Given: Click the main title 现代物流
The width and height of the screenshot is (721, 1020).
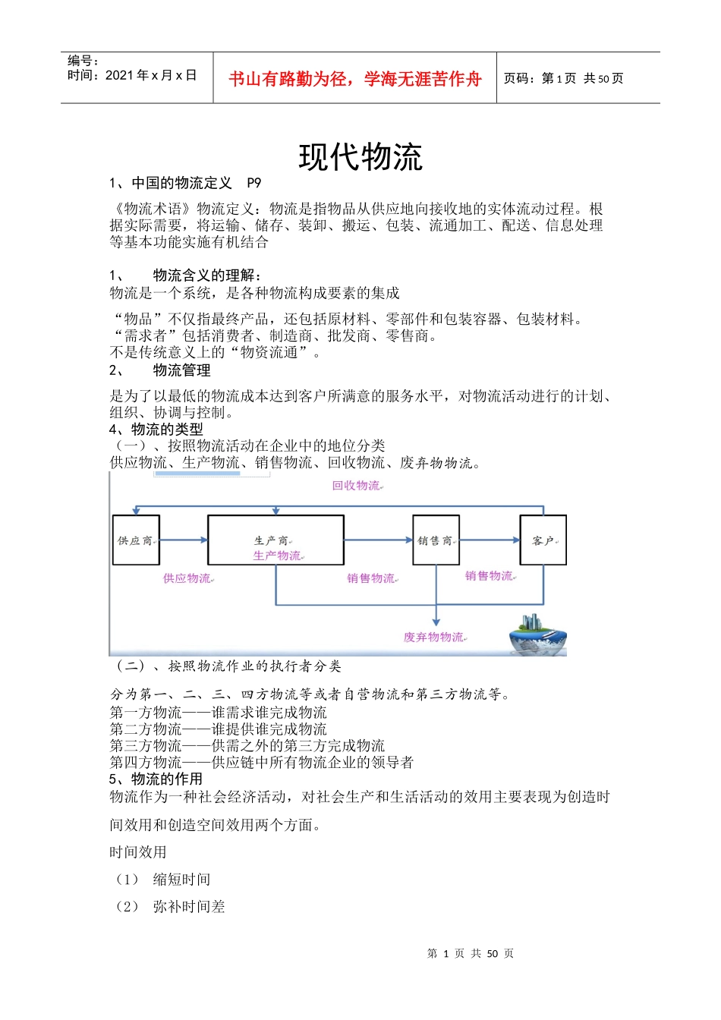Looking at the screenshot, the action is pos(360,157).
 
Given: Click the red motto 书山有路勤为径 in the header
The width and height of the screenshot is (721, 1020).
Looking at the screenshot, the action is pos(354,79).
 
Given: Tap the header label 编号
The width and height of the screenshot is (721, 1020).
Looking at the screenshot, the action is pos(83,61).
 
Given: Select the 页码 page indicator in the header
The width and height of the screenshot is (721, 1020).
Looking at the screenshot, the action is pos(563,78).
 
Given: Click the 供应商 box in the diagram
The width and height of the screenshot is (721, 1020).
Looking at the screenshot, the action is pos(136,540).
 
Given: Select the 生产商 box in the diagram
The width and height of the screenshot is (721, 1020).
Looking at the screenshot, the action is pos(275,540).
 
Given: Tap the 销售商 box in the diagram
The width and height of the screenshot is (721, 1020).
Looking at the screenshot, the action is pos(436,540).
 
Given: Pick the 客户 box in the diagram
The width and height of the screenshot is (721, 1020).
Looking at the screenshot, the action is pos(543,540).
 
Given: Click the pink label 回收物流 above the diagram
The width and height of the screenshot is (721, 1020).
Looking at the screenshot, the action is pos(357,486).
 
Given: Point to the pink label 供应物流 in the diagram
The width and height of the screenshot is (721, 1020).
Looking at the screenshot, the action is pos(187,578).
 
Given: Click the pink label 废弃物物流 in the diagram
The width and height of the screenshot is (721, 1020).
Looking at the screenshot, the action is pos(434,637).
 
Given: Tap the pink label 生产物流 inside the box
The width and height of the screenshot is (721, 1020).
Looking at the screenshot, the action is pos(278,556).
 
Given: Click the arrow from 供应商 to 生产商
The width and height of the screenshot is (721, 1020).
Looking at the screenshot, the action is pos(184,540).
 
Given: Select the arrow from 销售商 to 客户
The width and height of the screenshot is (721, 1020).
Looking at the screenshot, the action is pos(490,540).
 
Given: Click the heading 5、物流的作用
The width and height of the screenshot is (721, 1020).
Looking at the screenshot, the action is pos(156,779).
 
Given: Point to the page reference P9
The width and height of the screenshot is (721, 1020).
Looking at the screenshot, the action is pos(253,183).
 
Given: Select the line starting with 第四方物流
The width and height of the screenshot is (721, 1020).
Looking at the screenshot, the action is pos(262,762).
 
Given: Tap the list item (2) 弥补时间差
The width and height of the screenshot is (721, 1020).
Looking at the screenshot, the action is pos(171,906).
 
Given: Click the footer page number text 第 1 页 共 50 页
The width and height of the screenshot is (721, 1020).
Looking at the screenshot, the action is pos(471,953).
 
